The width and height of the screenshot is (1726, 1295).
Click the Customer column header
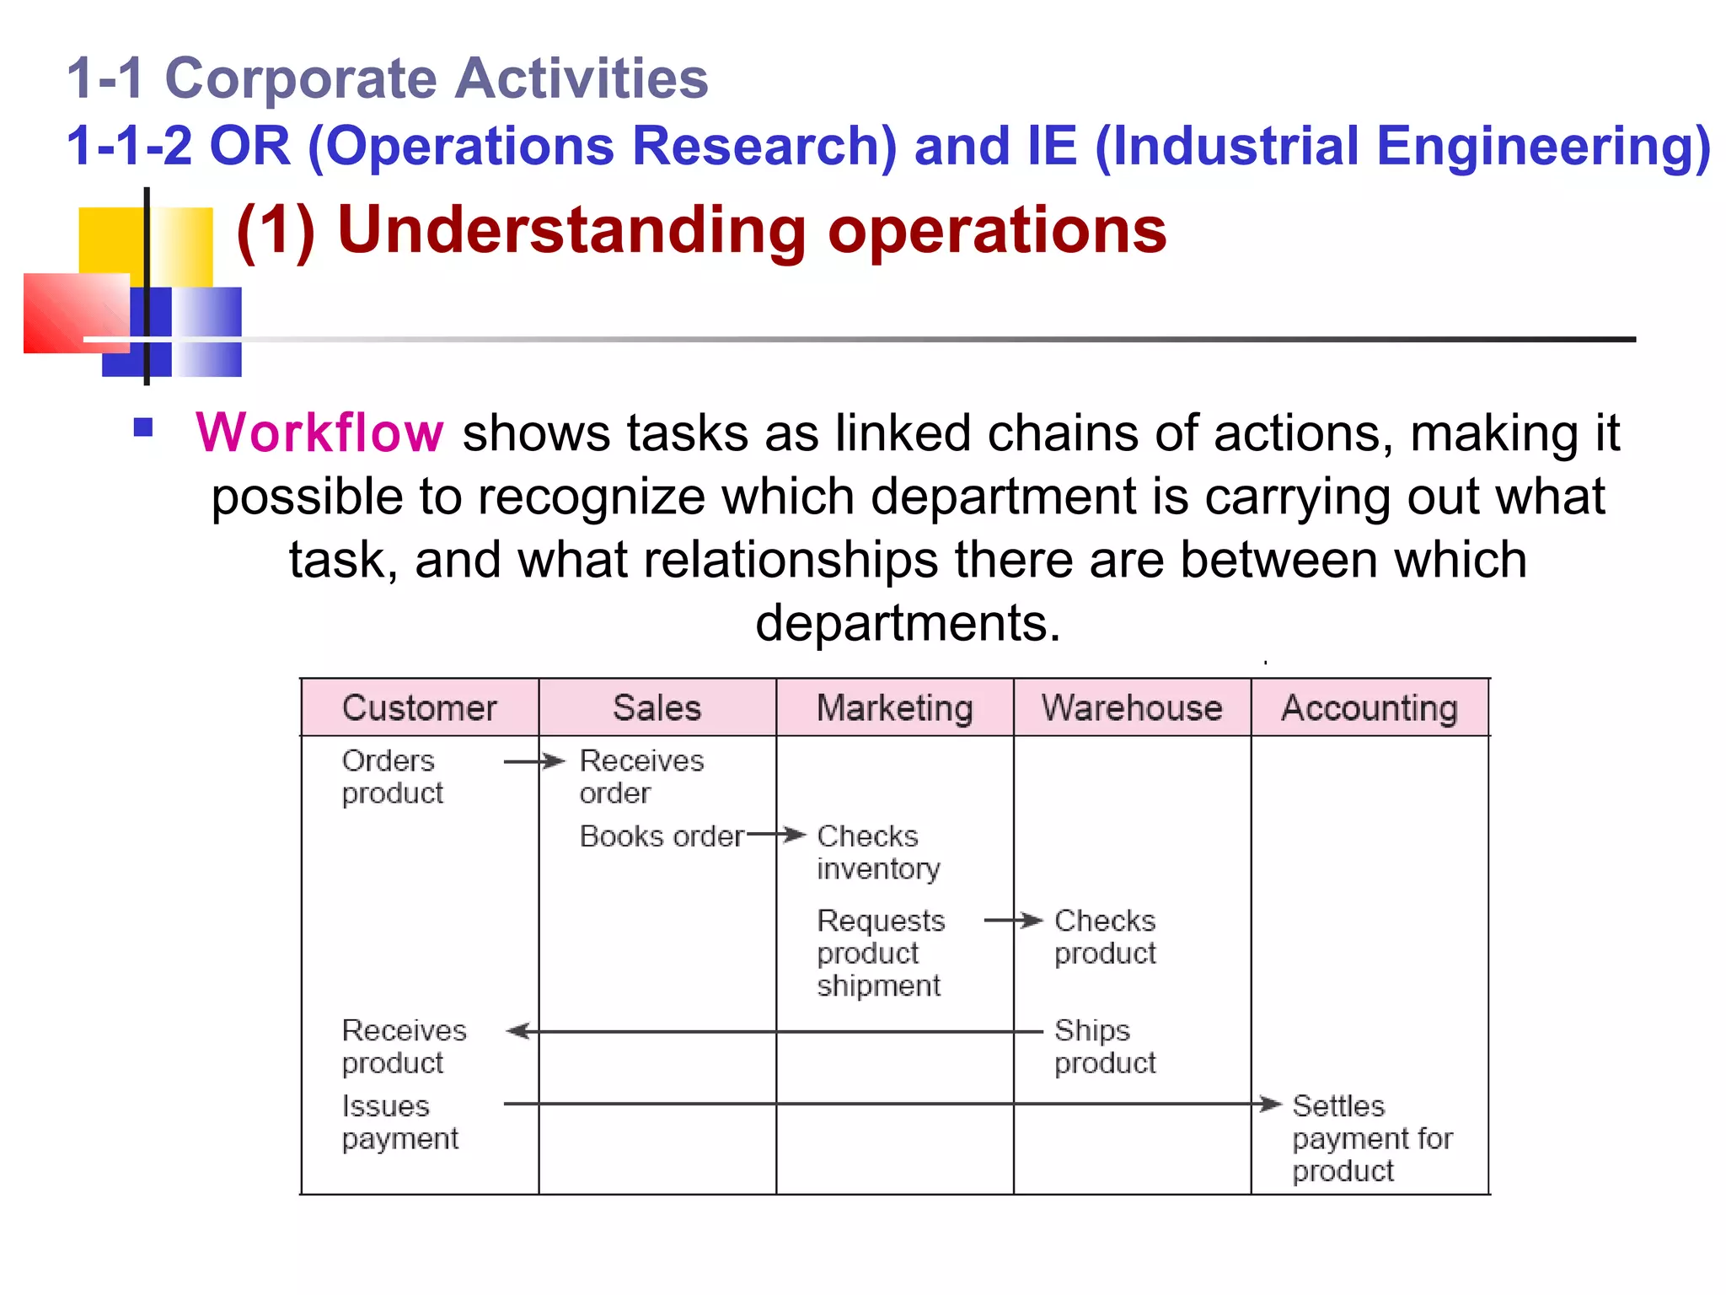(419, 708)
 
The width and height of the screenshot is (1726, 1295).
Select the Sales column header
(657, 708)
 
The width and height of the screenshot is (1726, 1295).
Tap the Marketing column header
(894, 708)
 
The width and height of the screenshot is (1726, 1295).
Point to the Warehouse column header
(1132, 708)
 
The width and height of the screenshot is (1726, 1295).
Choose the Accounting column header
(1370, 708)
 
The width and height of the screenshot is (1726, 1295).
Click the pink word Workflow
(319, 433)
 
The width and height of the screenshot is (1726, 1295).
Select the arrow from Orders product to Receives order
(533, 762)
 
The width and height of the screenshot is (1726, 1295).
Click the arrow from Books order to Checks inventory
(776, 836)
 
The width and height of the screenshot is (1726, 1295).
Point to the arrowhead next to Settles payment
(1269, 1104)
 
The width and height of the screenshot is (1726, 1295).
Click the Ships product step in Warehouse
(1104, 1046)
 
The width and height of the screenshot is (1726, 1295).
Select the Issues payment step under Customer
(399, 1122)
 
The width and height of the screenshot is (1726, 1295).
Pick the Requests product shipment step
(881, 953)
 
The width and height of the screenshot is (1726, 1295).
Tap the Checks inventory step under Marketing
(877, 852)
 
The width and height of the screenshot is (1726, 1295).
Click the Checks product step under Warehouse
(1104, 937)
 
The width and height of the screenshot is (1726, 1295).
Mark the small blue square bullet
(143, 427)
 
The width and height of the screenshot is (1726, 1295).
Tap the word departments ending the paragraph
(907, 623)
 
